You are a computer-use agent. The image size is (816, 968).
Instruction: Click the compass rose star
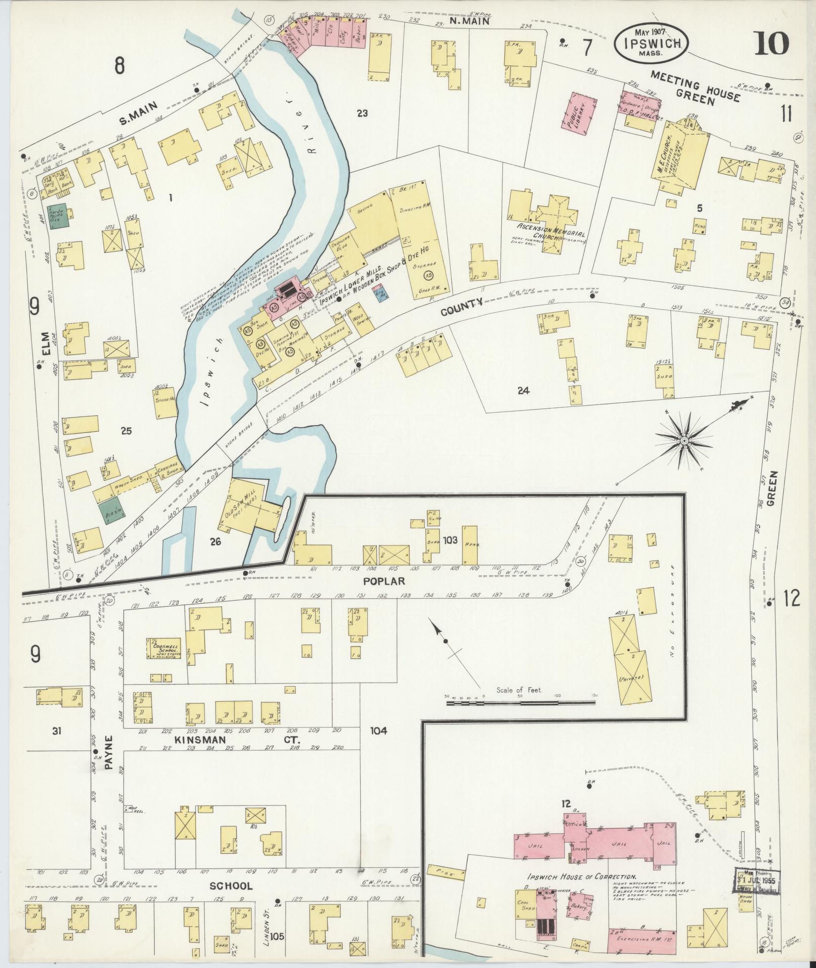click(684, 441)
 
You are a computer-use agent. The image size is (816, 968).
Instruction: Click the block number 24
click(523, 391)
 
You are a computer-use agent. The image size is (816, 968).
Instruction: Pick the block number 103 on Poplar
click(450, 540)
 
